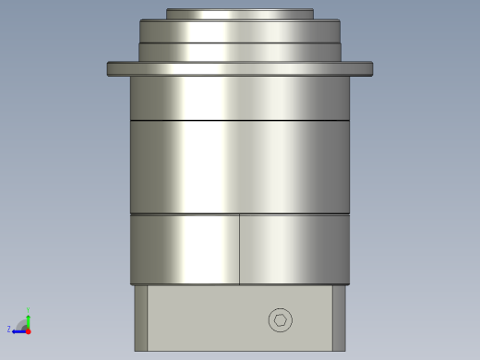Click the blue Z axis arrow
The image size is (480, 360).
click(18, 329)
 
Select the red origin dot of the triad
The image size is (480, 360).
click(28, 329)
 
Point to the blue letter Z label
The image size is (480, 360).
click(9, 329)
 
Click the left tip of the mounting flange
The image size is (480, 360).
click(110, 68)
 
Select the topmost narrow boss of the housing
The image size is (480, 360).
click(239, 14)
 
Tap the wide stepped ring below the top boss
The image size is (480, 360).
click(240, 30)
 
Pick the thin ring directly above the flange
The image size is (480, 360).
click(240, 52)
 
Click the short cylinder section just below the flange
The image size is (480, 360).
click(240, 98)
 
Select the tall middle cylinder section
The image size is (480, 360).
click(240, 166)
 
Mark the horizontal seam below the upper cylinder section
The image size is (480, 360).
click(240, 121)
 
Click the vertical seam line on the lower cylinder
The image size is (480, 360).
click(240, 249)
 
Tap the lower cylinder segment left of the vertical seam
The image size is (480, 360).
click(185, 249)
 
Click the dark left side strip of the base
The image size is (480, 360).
click(140, 318)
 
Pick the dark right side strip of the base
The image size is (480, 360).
click(339, 318)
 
